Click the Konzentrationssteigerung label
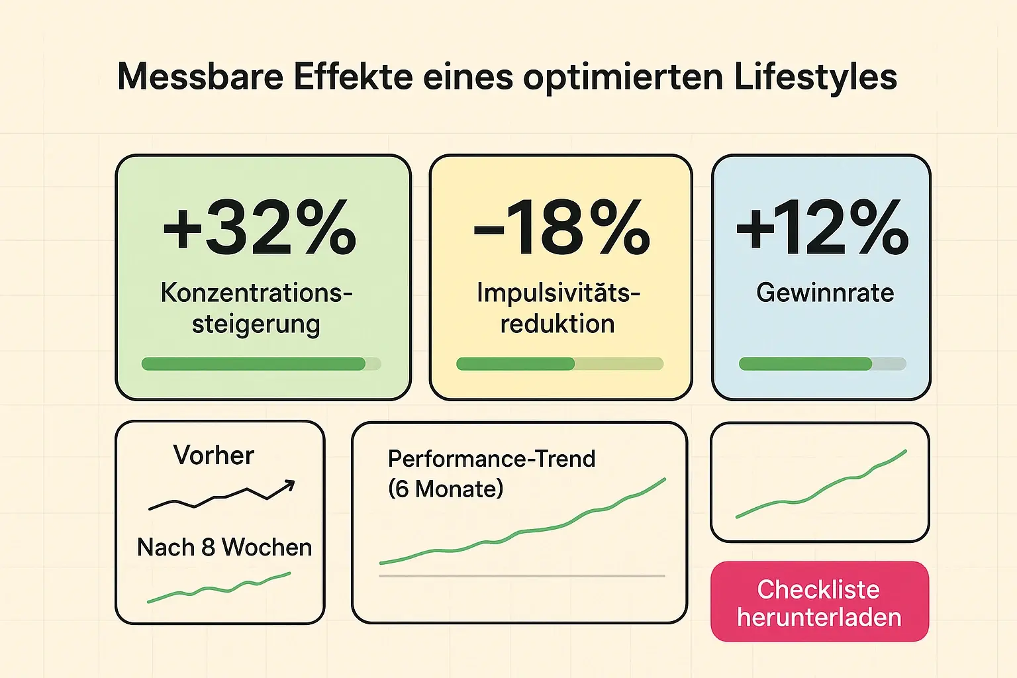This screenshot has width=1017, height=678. click(256, 308)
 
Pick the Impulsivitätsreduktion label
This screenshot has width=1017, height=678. click(558, 308)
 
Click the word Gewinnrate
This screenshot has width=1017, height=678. click(825, 293)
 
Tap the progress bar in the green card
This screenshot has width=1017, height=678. click(261, 363)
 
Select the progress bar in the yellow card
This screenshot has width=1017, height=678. click(559, 363)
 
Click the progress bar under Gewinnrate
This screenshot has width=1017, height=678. click(822, 363)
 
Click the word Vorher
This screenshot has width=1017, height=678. click(213, 456)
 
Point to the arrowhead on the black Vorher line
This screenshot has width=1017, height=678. click(289, 487)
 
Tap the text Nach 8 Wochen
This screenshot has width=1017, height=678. click(224, 548)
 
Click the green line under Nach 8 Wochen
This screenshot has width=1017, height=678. click(218, 588)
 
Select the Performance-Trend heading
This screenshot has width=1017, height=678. click(491, 459)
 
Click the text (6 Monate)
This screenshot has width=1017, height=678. click(446, 489)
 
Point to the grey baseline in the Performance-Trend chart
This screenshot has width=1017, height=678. click(522, 576)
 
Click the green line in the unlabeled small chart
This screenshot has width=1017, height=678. click(821, 490)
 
